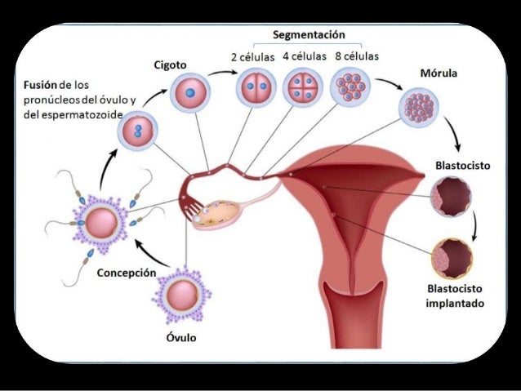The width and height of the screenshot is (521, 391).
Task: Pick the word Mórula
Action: coord(438,74)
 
